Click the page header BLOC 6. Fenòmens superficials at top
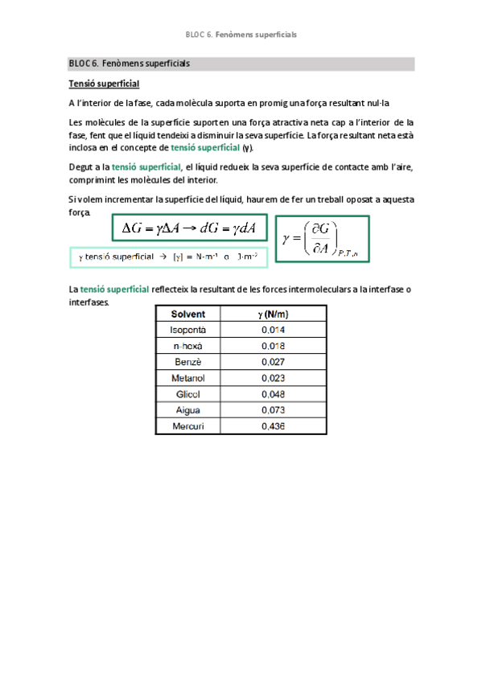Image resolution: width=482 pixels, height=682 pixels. point(241,35)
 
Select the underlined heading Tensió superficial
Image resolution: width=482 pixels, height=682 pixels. point(104,84)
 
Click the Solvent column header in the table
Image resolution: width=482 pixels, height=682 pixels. point(188,314)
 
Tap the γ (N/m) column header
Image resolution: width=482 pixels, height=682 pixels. point(274,314)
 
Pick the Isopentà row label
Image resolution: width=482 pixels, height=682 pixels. point(188,330)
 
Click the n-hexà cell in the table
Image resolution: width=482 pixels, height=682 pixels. point(188,346)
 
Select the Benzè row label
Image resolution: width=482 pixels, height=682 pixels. point(188,362)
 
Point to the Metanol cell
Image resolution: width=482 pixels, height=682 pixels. point(188,378)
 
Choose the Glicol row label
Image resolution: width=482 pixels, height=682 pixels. point(188,394)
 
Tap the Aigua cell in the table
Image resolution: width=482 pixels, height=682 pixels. point(188,410)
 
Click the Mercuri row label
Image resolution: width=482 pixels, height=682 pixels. point(188,426)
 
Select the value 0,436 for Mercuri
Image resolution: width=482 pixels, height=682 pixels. point(274,426)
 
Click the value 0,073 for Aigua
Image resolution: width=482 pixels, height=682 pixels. point(274,410)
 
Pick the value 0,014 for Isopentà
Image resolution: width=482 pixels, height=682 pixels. point(274,330)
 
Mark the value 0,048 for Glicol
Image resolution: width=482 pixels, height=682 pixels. point(274,394)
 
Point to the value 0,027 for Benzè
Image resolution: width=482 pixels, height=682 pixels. point(274,362)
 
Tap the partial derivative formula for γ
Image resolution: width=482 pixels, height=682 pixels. point(322,238)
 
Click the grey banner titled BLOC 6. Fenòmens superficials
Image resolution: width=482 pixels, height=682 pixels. point(241,64)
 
